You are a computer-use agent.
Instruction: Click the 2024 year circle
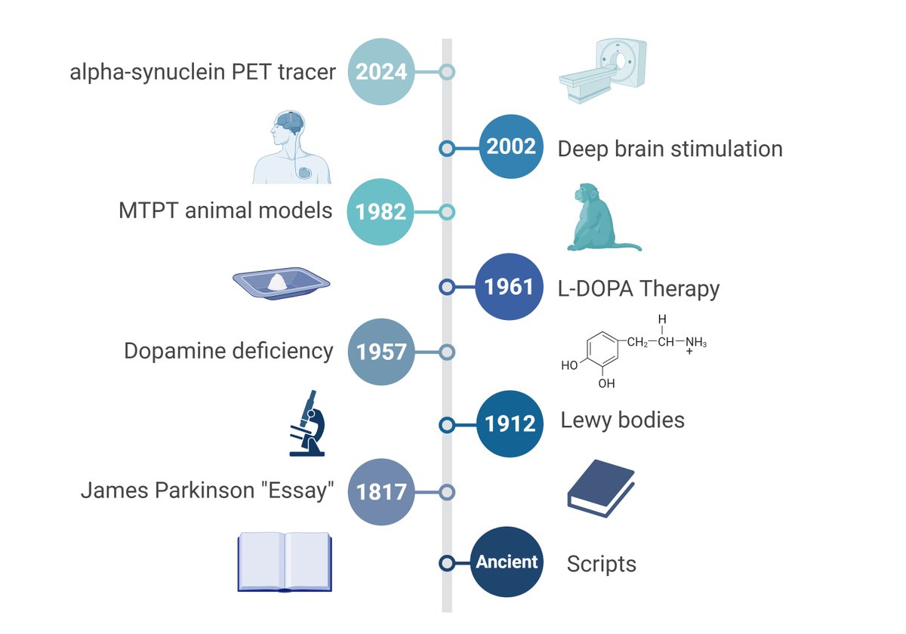(x=381, y=72)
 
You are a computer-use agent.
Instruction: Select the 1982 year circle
(x=381, y=212)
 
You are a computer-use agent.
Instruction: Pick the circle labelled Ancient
(x=507, y=562)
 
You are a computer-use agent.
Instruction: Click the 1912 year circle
(x=511, y=423)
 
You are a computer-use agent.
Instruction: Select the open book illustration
(x=284, y=561)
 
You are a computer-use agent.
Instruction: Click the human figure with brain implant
(x=291, y=146)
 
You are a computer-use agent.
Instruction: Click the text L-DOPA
(x=596, y=288)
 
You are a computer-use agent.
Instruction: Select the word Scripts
(x=601, y=564)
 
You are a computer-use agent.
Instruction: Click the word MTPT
(x=148, y=211)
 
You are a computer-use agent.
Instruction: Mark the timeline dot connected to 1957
(x=447, y=352)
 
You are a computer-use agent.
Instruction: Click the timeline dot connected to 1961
(x=447, y=287)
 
